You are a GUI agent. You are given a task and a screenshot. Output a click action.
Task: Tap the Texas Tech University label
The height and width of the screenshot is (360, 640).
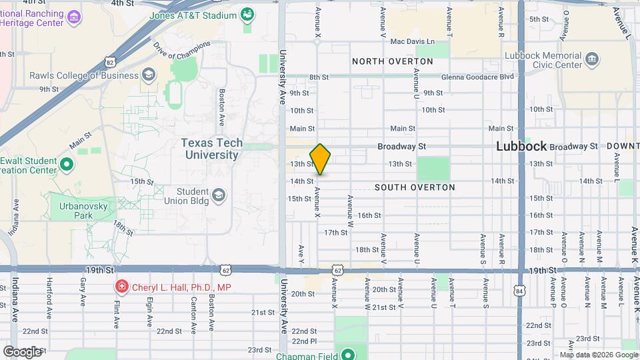point(209,149)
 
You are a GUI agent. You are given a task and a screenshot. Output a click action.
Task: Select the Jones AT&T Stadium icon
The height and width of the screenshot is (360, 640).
point(247,15)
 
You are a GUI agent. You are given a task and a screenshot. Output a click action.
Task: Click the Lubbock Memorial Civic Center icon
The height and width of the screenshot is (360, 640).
point(591,59)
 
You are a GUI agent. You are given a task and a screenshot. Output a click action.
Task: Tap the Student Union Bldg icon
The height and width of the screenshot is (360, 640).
point(219,195)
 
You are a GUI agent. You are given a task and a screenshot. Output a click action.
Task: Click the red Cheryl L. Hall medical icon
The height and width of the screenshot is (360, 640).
point(121,287)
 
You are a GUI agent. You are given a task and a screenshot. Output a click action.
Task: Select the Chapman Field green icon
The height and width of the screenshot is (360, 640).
point(347,353)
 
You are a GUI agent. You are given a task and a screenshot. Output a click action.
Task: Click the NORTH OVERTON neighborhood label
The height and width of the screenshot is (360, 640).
point(393,61)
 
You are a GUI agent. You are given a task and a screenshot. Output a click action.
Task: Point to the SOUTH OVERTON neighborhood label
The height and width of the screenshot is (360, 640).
point(415,187)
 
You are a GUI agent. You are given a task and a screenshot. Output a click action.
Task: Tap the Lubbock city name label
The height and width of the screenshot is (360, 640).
point(521,146)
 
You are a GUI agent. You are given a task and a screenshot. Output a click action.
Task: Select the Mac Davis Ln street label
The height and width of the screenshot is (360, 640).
point(412,41)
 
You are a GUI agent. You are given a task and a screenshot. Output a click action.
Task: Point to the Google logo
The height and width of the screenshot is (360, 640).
point(21,351)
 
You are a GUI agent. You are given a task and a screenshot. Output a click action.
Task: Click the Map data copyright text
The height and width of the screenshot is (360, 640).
point(598,354)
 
